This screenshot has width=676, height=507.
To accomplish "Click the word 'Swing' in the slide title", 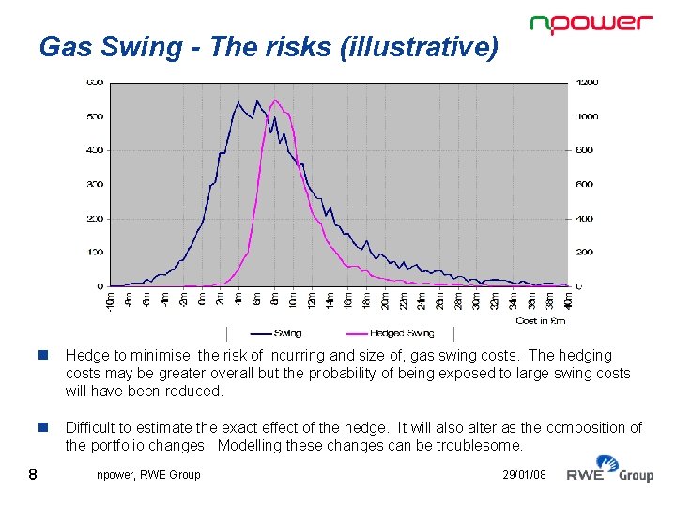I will tap(131, 47).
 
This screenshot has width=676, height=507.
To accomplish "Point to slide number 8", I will tap(33, 474).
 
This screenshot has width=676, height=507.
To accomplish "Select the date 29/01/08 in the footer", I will tap(524, 475).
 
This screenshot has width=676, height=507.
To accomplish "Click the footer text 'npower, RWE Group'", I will tap(148, 475).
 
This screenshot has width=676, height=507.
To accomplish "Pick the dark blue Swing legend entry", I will tap(277, 333).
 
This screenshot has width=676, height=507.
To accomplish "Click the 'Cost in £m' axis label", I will tap(540, 321).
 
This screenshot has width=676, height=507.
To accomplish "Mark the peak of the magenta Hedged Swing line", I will tap(274, 100).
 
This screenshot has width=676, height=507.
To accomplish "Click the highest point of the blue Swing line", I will tap(238, 101).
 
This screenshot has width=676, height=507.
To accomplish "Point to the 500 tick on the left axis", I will tap(95, 117).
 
